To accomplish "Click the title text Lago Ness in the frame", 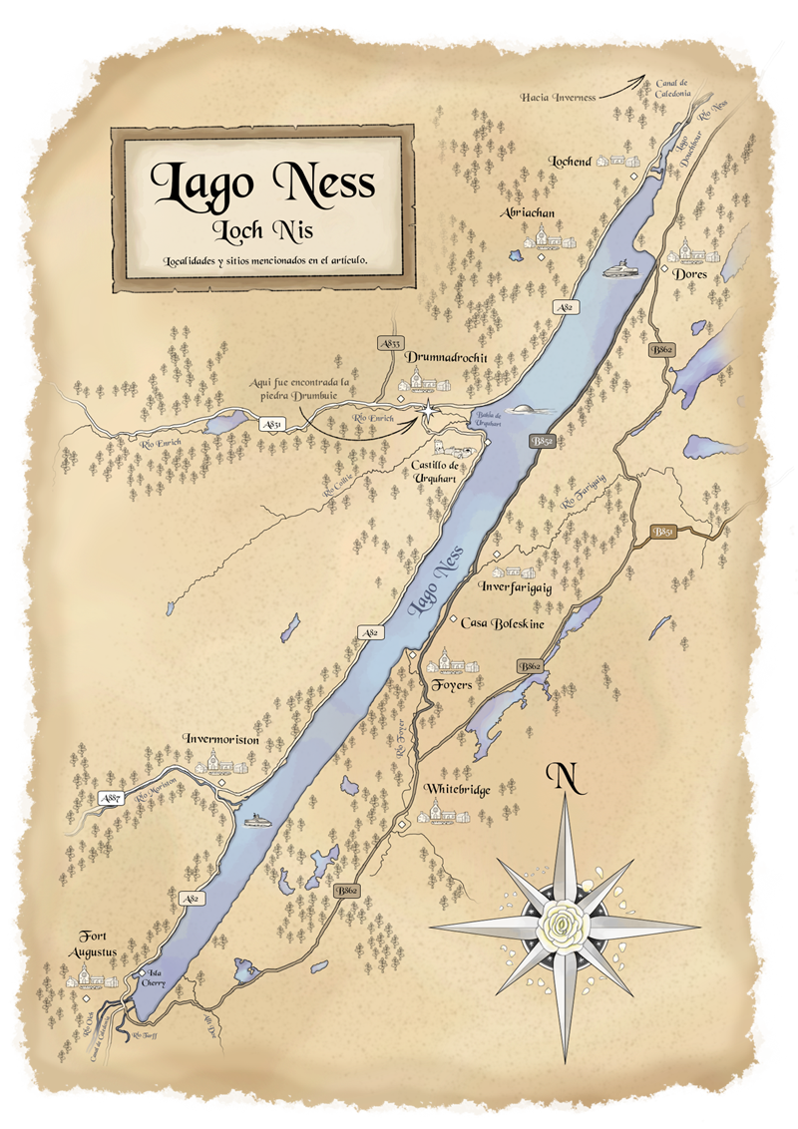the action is pos(262,182).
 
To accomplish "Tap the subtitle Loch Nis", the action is pos(263,231).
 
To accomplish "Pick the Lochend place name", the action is pos(571,161).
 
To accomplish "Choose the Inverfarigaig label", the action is pos(515,586).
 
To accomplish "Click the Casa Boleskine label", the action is pos(499,622).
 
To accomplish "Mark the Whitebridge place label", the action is pos(457,789).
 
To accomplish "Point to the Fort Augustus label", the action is pos(99,944).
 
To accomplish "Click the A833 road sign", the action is pos(390,343).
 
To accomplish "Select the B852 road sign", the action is pos(544,440).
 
